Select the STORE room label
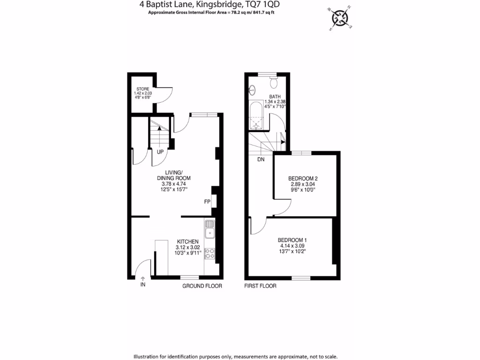pos(142,89)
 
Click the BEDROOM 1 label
pos(292,240)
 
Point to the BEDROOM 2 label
pos(303,179)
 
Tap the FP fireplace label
pos(207,202)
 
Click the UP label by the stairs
pos(160,152)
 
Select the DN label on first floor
pos(261,160)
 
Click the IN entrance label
pos(142,285)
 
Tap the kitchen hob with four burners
pos(210,254)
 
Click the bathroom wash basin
pos(252,89)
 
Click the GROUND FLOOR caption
pos(202,286)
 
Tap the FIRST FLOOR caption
pos(261,286)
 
